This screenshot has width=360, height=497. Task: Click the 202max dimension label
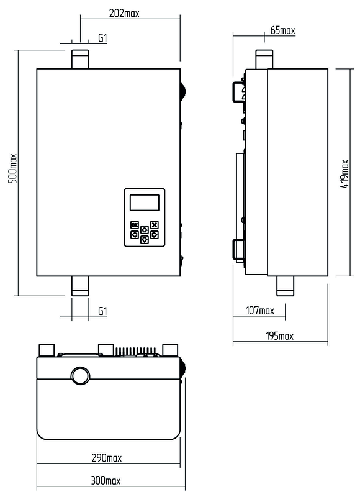[x=124, y=13]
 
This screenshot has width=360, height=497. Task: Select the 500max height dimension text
[x=12, y=168]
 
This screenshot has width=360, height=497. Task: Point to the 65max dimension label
[x=283, y=30]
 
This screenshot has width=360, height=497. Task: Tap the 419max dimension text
[x=345, y=174]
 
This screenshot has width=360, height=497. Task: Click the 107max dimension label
[x=260, y=310]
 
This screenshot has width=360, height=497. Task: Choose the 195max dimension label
[x=279, y=335]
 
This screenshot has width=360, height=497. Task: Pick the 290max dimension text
[x=106, y=458]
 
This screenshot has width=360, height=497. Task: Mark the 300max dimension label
[x=106, y=480]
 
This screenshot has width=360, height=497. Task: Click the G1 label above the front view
[x=102, y=39]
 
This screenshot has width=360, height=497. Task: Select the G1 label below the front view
[x=102, y=311]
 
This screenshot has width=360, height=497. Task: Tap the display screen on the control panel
[x=145, y=203]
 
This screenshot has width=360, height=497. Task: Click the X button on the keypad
[x=154, y=225]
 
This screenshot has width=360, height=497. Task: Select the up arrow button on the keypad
[x=145, y=229]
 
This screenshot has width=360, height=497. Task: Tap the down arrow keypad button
[x=145, y=240]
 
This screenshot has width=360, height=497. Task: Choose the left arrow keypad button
[x=135, y=235]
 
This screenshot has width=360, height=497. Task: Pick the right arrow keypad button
[x=154, y=235]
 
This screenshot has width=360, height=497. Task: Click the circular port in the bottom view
[x=81, y=376]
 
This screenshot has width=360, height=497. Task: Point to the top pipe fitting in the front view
[x=80, y=59]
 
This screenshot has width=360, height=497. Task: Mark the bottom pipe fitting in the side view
[x=286, y=286]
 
